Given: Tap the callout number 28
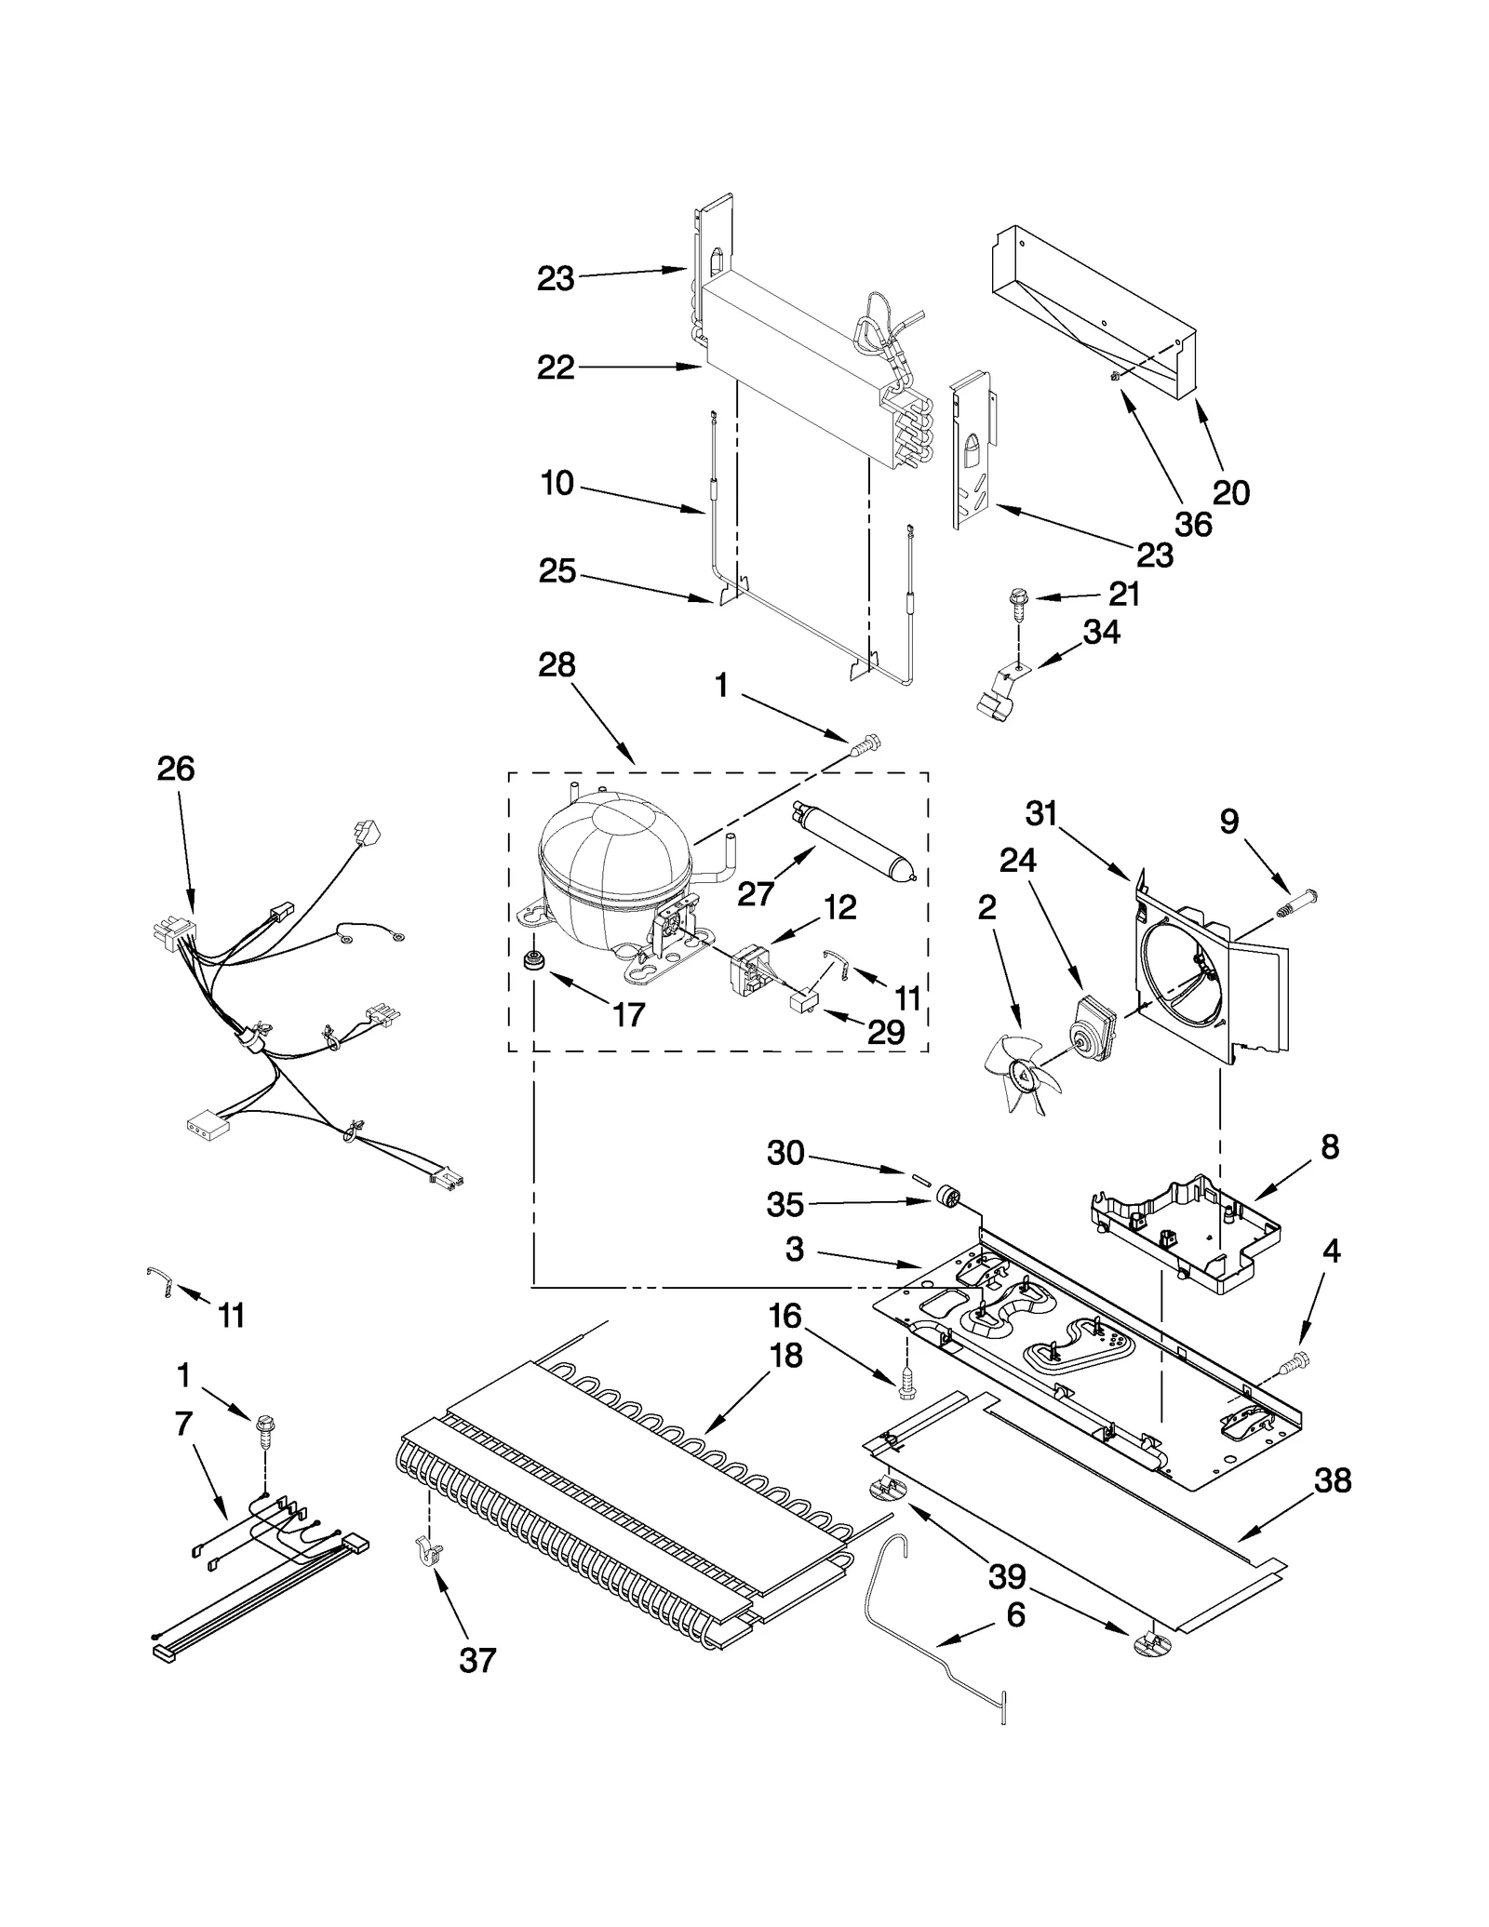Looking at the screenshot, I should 557,665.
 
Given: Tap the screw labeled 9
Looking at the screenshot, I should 1296,903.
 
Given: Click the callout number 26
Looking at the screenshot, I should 176,769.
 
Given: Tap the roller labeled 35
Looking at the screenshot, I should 947,1197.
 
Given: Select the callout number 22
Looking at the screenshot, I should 557,368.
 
